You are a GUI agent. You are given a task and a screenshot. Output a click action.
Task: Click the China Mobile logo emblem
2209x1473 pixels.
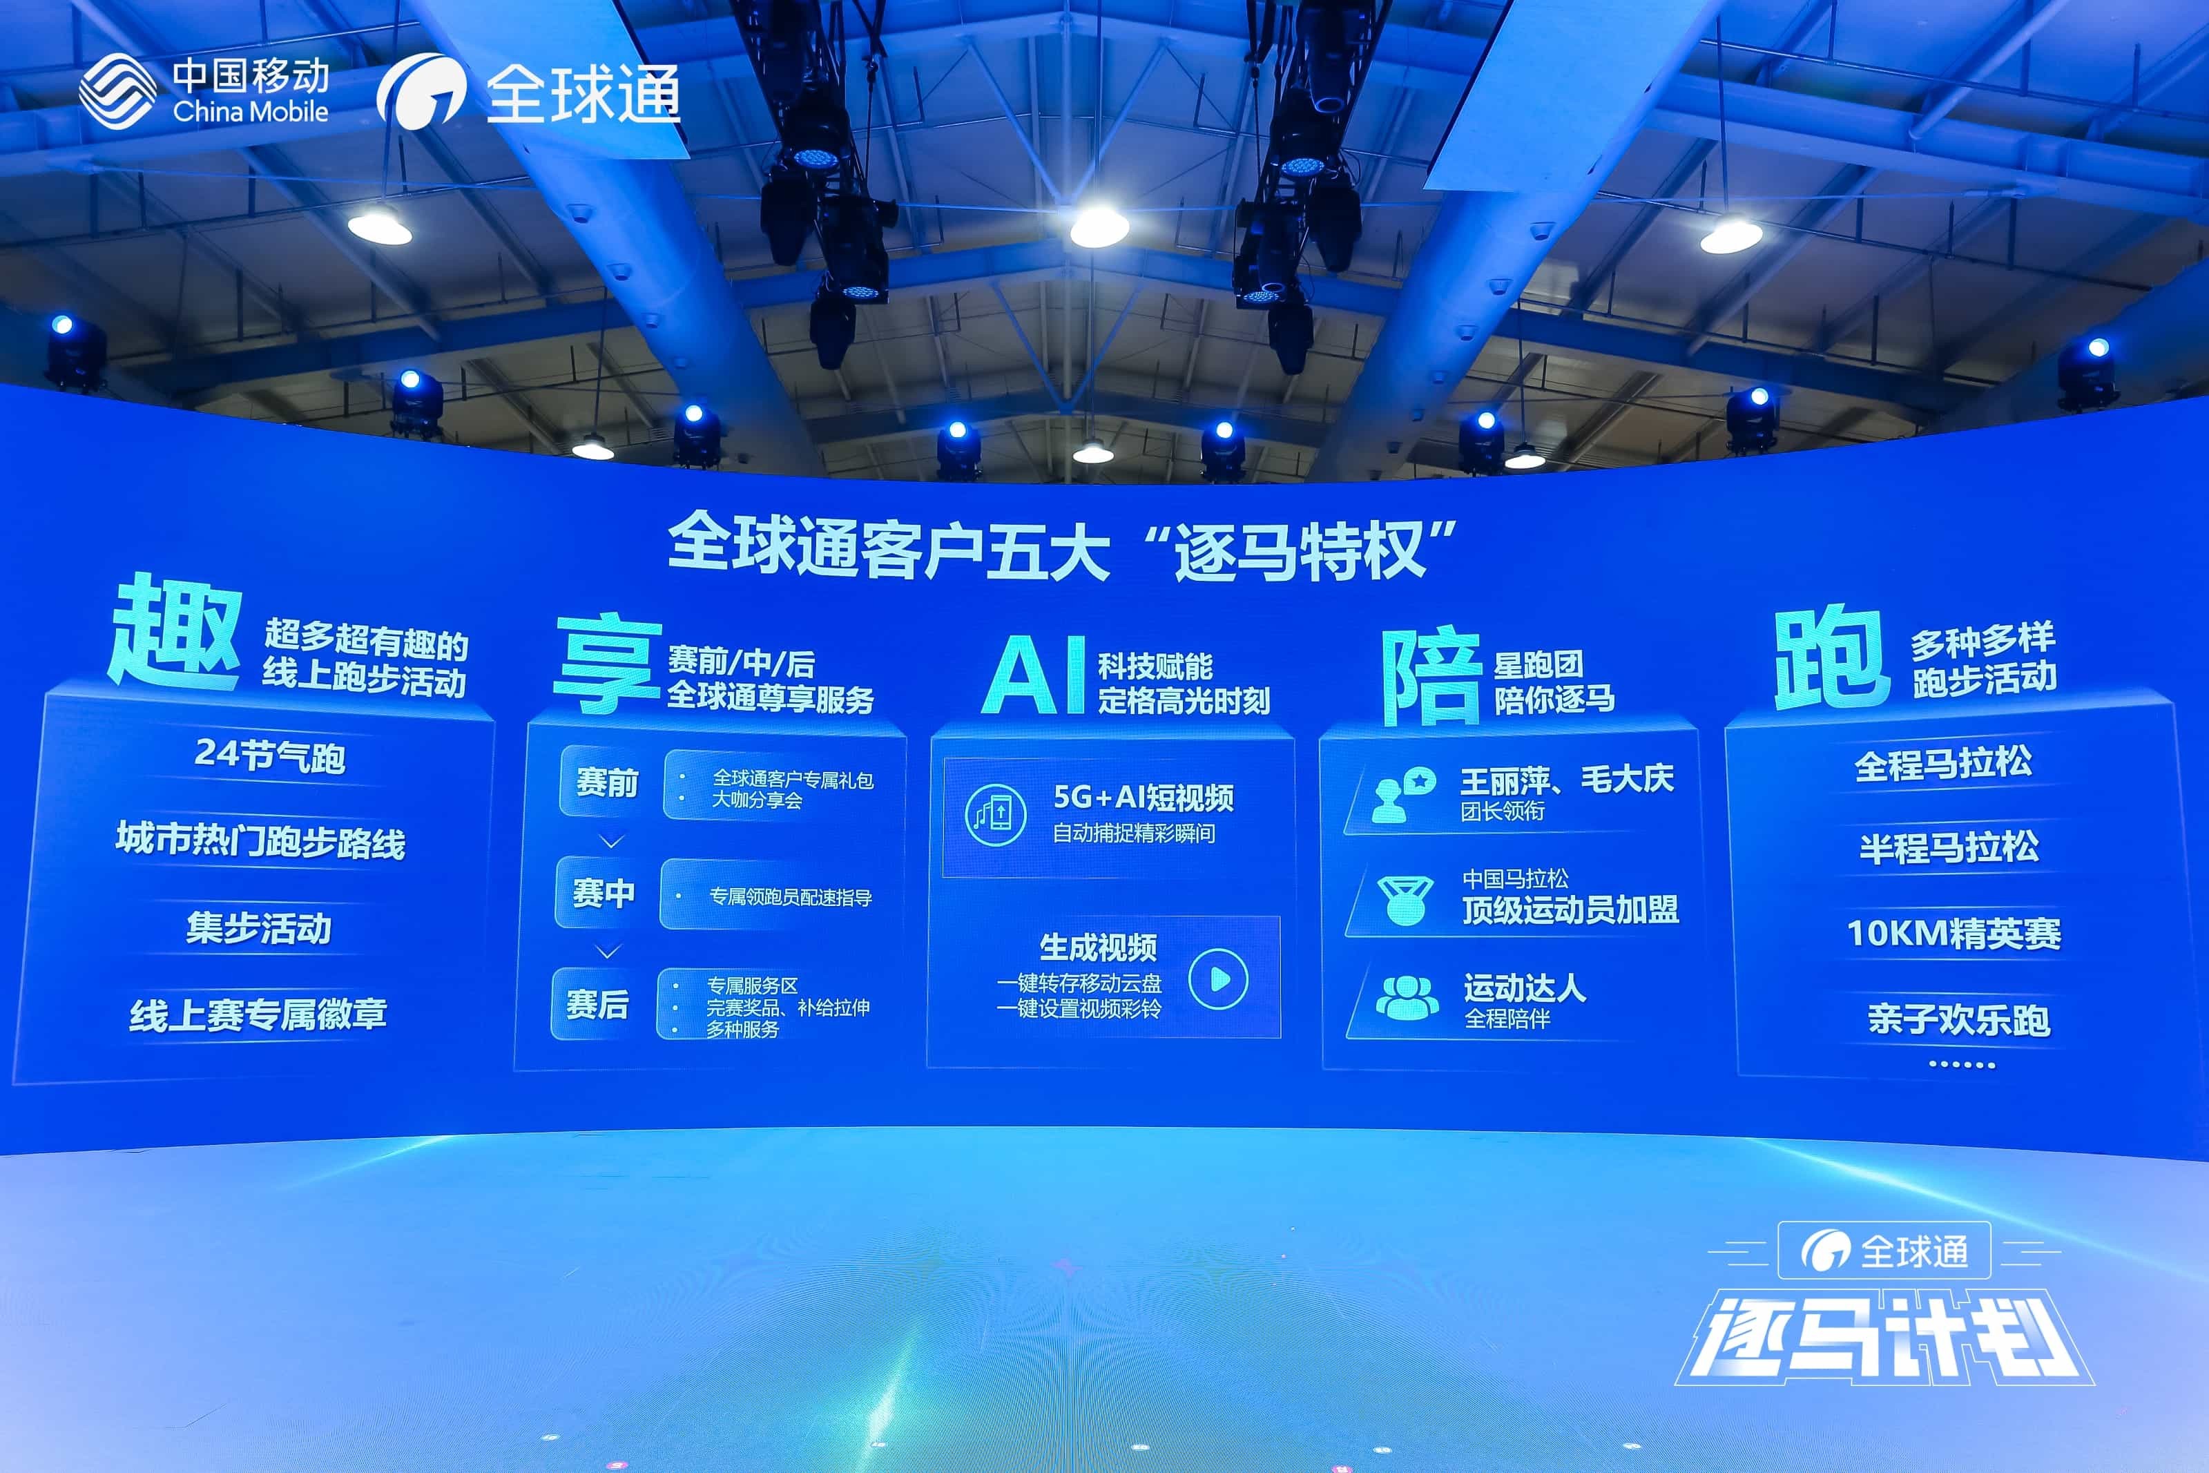[117, 91]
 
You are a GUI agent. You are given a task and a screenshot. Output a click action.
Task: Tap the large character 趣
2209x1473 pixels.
[175, 633]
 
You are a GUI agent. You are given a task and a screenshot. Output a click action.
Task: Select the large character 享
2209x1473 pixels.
[608, 662]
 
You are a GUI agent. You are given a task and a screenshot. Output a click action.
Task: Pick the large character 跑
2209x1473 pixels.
[1831, 657]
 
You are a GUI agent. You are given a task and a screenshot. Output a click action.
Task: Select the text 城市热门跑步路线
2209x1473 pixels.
[260, 840]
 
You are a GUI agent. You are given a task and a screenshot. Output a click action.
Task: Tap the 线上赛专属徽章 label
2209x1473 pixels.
[258, 1014]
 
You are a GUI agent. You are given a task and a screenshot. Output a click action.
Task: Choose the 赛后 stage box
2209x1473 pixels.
[597, 1004]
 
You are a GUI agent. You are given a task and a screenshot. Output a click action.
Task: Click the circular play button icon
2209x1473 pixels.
[1218, 979]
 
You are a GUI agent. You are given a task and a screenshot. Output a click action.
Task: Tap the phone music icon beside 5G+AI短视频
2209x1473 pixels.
[994, 814]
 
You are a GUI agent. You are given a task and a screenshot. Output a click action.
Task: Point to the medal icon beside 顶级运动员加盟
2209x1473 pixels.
[1405, 900]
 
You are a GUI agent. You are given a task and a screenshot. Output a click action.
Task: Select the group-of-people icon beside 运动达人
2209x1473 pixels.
[1407, 998]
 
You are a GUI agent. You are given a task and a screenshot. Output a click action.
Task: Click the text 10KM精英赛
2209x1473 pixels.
[1954, 934]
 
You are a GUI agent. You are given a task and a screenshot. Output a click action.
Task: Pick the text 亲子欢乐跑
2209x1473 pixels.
[1958, 1019]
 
